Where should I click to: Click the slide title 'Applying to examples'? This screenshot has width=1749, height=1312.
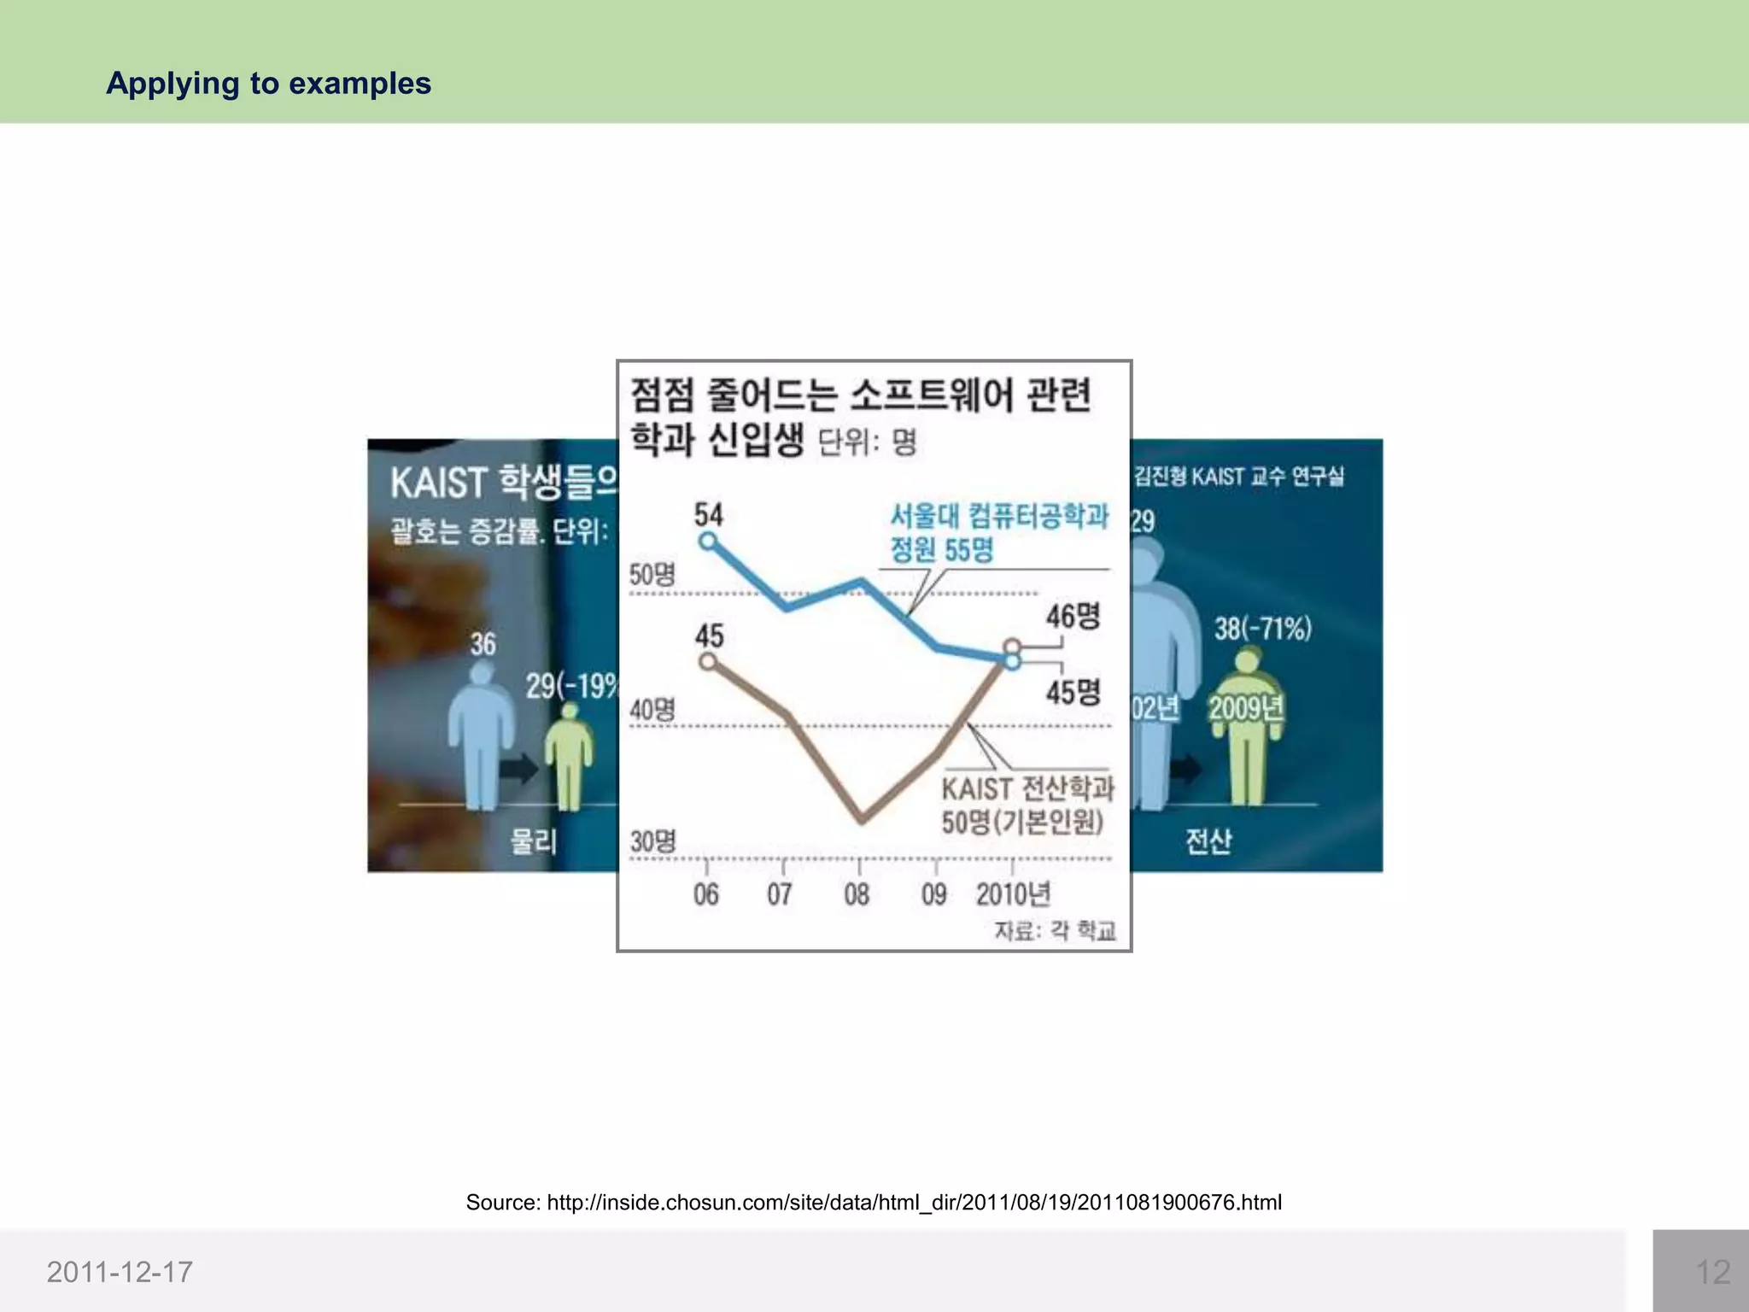pos(268,84)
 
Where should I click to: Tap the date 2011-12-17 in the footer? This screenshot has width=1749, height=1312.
pos(120,1272)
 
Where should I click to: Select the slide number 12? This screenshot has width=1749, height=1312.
pos(1712,1272)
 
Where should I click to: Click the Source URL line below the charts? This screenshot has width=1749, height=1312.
pos(873,1203)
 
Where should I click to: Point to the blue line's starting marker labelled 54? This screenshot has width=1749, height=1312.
pos(707,541)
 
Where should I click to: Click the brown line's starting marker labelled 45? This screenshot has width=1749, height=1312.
pos(707,661)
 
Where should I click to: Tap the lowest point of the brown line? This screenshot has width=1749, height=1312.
pos(862,821)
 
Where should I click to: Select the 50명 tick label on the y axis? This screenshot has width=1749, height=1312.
pos(652,575)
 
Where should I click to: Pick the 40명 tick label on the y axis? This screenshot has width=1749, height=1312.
pos(652,709)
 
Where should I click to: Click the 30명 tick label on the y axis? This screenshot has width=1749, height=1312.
pos(652,841)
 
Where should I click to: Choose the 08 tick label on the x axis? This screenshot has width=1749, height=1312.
pos(857,894)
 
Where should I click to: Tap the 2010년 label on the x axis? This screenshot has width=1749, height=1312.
pos(1013,894)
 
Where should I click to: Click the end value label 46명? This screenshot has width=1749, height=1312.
pos(1073,616)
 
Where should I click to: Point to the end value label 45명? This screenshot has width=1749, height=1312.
pos(1073,692)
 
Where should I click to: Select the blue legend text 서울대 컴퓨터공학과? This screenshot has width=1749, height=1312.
pos(999,516)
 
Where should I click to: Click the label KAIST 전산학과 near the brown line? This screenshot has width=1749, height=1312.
pos(1027,788)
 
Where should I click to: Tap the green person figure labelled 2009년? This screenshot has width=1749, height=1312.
pos(1247,726)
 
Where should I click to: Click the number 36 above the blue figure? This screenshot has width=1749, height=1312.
pos(483,644)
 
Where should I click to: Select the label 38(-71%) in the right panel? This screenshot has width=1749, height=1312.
pos(1262,629)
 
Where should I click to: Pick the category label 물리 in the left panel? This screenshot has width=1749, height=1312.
pos(533,841)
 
